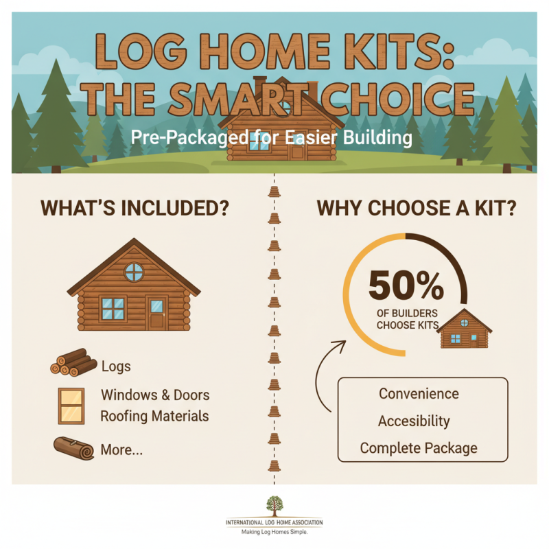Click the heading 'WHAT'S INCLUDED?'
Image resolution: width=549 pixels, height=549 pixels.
tap(135, 208)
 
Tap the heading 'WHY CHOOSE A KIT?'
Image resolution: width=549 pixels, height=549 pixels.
tap(414, 208)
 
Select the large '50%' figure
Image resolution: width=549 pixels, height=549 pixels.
tap(406, 287)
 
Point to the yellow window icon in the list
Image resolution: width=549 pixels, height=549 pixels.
tap(71, 406)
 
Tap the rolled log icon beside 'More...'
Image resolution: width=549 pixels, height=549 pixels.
tap(73, 449)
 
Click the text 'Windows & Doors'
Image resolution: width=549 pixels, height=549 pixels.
tap(155, 395)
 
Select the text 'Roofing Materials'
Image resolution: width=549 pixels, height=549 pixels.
tap(154, 416)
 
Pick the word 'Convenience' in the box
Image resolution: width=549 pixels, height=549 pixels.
tap(419, 394)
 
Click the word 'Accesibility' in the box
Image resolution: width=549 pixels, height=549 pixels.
tap(414, 421)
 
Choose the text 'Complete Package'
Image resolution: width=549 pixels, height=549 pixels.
tap(419, 448)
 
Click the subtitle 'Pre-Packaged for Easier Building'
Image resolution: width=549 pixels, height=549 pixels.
tap(271, 138)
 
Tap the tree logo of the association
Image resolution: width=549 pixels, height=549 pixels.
tap(274, 506)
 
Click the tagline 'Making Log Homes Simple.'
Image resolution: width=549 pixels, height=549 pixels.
tap(274, 532)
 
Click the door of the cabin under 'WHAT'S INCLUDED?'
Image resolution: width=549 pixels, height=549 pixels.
tap(157, 313)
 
